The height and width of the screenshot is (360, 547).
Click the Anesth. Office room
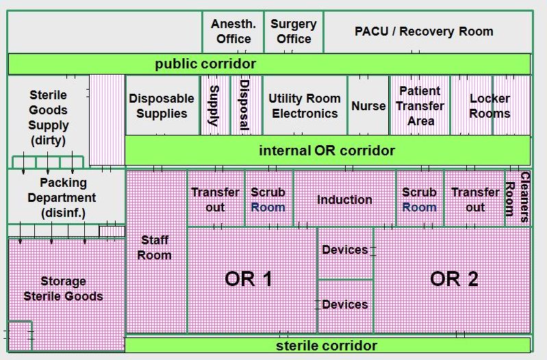pyautogui.click(x=233, y=31)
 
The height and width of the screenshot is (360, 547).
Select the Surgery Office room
pyautogui.click(x=294, y=31)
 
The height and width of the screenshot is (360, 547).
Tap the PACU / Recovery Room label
pyautogui.click(x=424, y=31)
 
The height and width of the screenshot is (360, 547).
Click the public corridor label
pyautogui.click(x=205, y=64)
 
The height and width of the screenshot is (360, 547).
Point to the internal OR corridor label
pyautogui.click(x=327, y=151)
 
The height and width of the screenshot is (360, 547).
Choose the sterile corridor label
pyautogui.click(x=327, y=346)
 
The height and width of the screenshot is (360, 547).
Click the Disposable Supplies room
pyautogui.click(x=162, y=105)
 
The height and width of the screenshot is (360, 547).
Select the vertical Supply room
pyautogui.click(x=215, y=105)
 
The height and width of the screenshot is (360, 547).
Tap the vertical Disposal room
pyautogui.click(x=246, y=105)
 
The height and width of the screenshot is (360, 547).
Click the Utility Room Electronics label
pyautogui.click(x=305, y=106)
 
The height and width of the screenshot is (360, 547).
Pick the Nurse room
pyautogui.click(x=368, y=105)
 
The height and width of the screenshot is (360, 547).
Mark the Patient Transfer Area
pyautogui.click(x=420, y=105)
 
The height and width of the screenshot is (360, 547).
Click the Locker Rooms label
pyautogui.click(x=489, y=106)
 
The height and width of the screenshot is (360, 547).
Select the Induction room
pyautogui.click(x=344, y=198)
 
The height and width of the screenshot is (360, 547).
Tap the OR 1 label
pyautogui.click(x=249, y=279)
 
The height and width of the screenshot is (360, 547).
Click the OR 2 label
pyautogui.click(x=454, y=279)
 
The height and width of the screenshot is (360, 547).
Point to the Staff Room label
pyautogui.click(x=154, y=248)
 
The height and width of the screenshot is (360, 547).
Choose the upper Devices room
pyautogui.click(x=345, y=253)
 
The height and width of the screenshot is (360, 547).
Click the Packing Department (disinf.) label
pyautogui.click(x=62, y=198)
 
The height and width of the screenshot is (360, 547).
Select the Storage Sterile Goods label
pyautogui.click(x=63, y=289)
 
